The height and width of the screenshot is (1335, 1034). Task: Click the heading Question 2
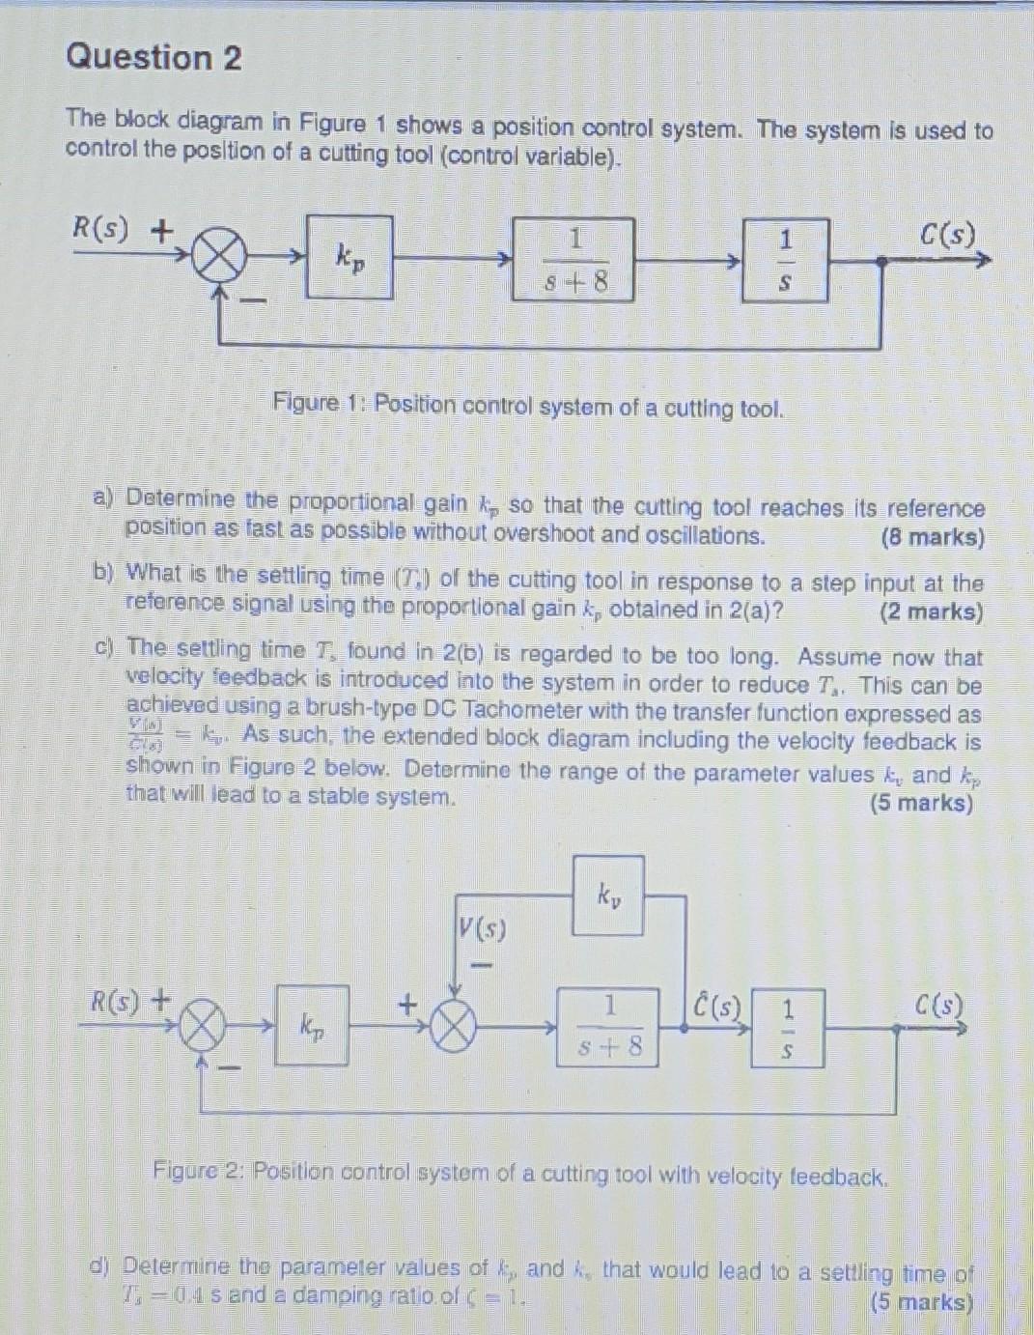pyautogui.click(x=154, y=58)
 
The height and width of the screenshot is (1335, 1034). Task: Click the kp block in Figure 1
pyautogui.click(x=349, y=257)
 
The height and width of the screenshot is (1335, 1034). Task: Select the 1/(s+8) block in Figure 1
pyautogui.click(x=573, y=260)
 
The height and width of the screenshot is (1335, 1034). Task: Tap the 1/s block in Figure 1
pyautogui.click(x=785, y=260)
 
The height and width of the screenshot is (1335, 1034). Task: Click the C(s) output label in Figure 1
pyautogui.click(x=947, y=235)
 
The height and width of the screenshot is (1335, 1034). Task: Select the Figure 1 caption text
pyautogui.click(x=528, y=406)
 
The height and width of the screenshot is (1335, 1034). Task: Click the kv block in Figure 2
pyautogui.click(x=608, y=895)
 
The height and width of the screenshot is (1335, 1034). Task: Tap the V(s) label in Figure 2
pyautogui.click(x=483, y=930)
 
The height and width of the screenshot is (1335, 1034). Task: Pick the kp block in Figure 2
pyautogui.click(x=312, y=1024)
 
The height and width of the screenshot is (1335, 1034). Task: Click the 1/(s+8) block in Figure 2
pyautogui.click(x=608, y=1027)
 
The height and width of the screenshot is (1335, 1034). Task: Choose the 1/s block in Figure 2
pyautogui.click(x=788, y=1028)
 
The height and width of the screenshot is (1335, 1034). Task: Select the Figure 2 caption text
pyautogui.click(x=519, y=1175)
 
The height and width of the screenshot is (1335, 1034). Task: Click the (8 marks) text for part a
pyautogui.click(x=932, y=538)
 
